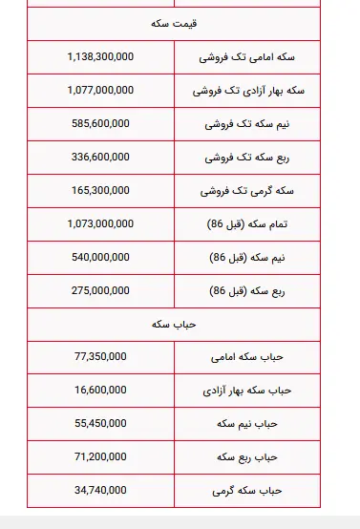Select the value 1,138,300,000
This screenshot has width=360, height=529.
pos(100,57)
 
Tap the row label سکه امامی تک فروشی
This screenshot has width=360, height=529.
pos(247,57)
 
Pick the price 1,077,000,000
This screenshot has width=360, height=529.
pos(100,91)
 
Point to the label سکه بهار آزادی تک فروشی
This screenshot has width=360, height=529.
pos(247,91)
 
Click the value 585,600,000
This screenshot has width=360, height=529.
pos(100,124)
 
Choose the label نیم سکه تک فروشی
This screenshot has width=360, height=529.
pos(247,124)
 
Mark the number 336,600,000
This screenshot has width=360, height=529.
pos(100,158)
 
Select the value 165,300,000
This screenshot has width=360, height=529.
pos(100,191)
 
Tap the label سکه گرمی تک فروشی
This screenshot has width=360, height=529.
pos(247,191)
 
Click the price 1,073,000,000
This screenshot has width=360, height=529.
pos(100,224)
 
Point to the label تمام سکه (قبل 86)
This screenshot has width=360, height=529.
pos(247,224)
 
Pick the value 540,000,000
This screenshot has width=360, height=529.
pos(100,258)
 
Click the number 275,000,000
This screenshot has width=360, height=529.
pos(100,291)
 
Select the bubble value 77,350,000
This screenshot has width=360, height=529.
pos(100,357)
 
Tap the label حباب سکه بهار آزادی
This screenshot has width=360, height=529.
pos(247,391)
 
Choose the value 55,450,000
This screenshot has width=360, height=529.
pos(100,423)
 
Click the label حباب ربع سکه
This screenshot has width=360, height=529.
pos(247,456)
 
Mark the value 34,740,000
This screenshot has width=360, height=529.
pos(100,490)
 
